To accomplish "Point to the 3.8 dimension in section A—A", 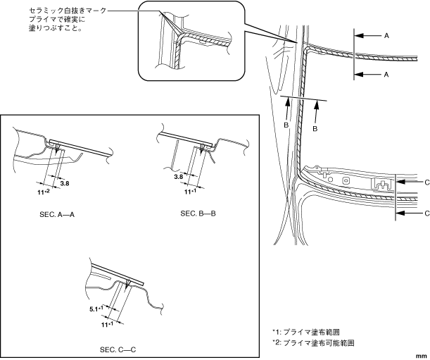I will [65, 182].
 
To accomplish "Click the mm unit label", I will [422, 356].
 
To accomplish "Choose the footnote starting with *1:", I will [312, 331].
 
